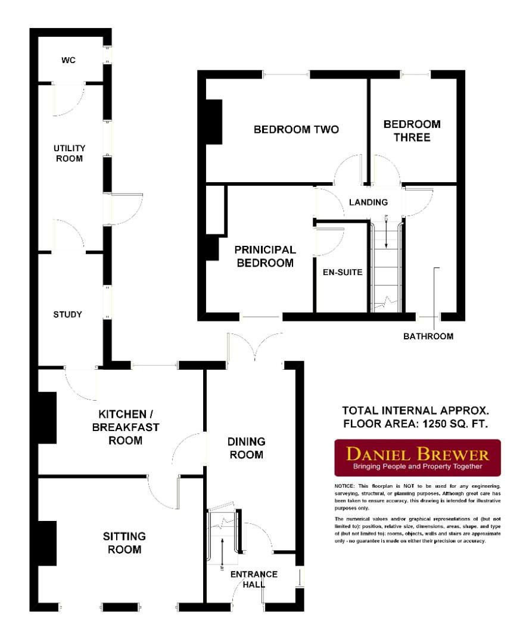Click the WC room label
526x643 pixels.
[69, 61]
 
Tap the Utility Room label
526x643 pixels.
[70, 153]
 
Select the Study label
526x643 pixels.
[67, 314]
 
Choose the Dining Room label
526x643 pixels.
[245, 448]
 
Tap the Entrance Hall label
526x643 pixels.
[254, 579]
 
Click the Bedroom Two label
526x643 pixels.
[297, 130]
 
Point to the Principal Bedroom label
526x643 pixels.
[265, 256]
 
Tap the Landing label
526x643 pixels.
[368, 202]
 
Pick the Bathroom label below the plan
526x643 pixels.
[428, 336]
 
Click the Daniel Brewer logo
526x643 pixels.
[418, 457]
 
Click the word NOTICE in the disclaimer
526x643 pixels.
[345, 487]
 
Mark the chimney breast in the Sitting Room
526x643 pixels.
[48, 543]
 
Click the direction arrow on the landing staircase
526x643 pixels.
[387, 233]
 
